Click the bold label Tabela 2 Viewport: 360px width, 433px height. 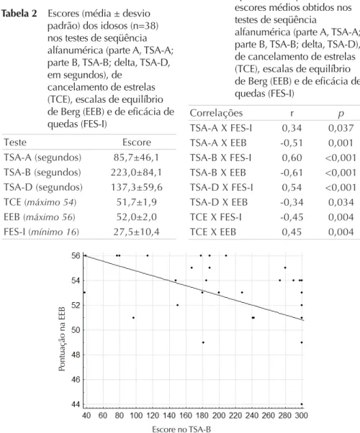19,14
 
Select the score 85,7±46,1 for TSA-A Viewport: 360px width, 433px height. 136,158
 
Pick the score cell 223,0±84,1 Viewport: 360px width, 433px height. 136,173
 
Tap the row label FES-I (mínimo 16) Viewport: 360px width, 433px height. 42,232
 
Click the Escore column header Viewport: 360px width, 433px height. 137,142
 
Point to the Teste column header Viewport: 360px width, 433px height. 15,142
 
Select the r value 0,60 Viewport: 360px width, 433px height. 292,158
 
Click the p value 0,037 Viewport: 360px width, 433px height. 341,128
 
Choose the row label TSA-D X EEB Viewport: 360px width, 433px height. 218,202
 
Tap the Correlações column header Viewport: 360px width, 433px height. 216,113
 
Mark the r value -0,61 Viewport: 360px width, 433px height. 292,173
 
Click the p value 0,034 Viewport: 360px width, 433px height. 341,202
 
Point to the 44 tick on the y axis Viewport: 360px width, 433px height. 76,404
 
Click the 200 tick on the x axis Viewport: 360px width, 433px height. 219,415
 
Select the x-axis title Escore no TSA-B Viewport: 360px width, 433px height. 181,429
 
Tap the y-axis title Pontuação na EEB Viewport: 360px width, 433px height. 62,339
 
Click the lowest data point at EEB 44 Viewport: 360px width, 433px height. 302,404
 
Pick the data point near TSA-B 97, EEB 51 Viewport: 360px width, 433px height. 133,318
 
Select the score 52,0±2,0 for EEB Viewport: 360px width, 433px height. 136,217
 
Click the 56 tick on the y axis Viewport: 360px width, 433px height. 76,256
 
